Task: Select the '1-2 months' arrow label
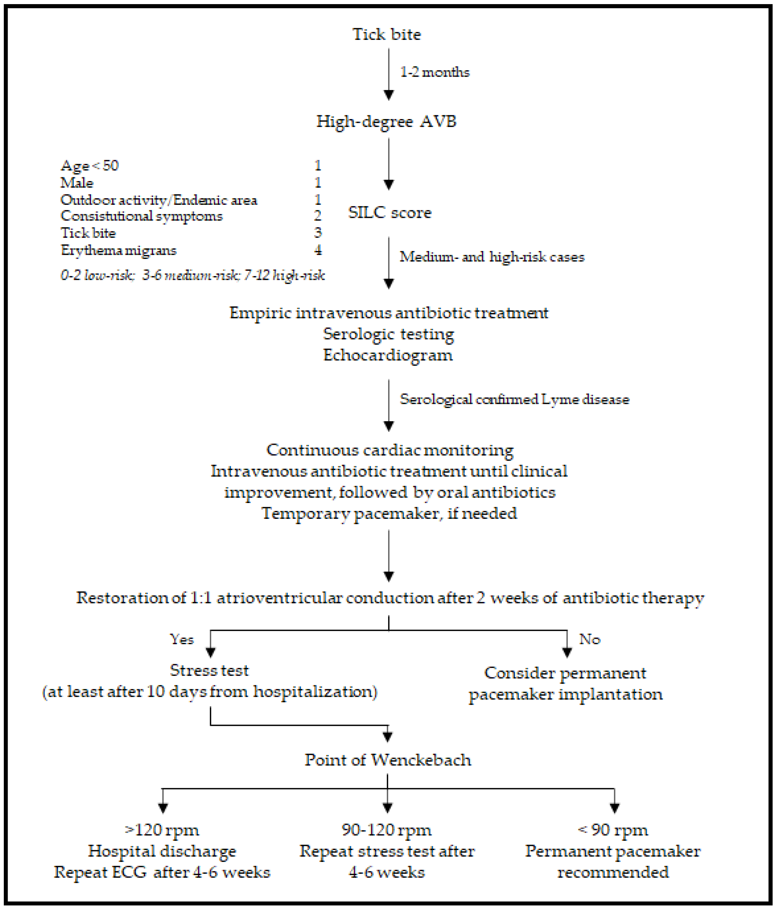pos(434,72)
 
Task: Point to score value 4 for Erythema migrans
pos(318,250)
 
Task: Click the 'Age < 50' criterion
pos(89,166)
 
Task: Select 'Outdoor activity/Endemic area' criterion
pos(158,200)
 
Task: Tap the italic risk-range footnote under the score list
pos(192,275)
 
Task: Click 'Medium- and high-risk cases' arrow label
pos(492,257)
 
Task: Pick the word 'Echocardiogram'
pos(388,355)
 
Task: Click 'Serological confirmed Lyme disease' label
pos(514,399)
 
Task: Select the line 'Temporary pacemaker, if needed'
pos(389,513)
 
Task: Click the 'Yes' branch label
pos(182,639)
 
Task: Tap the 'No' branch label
pos(589,639)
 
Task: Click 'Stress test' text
pos(209,670)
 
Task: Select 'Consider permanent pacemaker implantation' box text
pos(565,683)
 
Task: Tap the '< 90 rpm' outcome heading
pos(613,830)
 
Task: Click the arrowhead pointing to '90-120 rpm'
pos(387,808)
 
